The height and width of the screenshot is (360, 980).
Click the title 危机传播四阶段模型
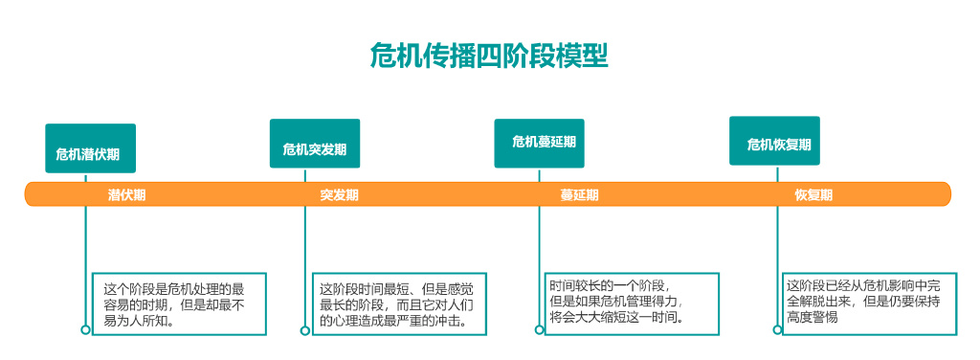pyautogui.click(x=489, y=55)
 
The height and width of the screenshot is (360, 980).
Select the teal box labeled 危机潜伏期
pyautogui.click(x=90, y=148)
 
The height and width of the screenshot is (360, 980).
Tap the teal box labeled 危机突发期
pyautogui.click(x=315, y=144)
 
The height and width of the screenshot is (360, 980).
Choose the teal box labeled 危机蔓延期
pyautogui.click(x=540, y=143)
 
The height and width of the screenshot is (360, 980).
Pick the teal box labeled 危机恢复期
pyautogui.click(x=774, y=141)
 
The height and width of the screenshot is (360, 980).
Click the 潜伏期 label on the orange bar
pyautogui.click(x=127, y=194)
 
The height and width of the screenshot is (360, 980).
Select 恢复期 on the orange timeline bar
pyautogui.click(x=813, y=194)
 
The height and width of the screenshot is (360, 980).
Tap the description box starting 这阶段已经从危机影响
pyautogui.click(x=867, y=301)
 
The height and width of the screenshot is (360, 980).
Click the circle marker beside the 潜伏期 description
pyautogui.click(x=86, y=329)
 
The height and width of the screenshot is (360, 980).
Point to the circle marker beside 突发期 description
pyautogui.click(x=305, y=330)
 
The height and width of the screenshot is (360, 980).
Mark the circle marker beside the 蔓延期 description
pyautogui.click(x=539, y=329)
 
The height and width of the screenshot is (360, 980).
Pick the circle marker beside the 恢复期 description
pyautogui.click(x=774, y=329)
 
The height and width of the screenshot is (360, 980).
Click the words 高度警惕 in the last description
pyautogui.click(x=813, y=317)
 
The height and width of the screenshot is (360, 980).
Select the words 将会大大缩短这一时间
pyautogui.click(x=616, y=317)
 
